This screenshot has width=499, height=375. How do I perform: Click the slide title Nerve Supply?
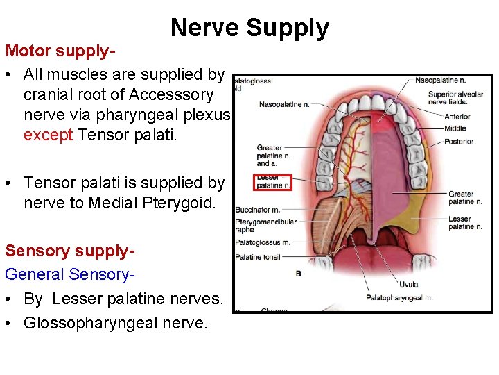coord(249,28)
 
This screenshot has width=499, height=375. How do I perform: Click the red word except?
coord(49,134)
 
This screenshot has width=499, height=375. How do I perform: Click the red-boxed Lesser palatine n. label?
coord(274,181)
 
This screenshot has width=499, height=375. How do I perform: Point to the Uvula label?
coord(408,284)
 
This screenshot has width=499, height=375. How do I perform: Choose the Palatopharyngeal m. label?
coord(399,299)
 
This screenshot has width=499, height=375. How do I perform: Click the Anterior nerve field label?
coord(457,116)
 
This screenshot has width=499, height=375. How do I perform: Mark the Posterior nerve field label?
coord(459,141)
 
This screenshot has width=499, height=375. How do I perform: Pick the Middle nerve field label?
coord(455,128)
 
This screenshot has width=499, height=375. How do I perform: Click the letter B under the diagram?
coord(298,274)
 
